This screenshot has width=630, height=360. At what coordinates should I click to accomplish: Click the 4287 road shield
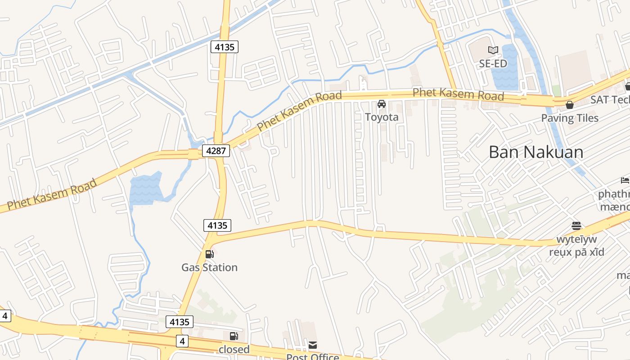tap(216, 150)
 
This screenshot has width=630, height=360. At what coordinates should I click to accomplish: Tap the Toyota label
tap(382, 117)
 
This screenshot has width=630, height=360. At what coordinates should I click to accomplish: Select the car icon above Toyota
tap(382, 104)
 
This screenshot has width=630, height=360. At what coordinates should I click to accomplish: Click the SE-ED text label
tap(493, 63)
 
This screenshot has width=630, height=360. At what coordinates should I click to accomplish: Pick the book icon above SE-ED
tap(493, 50)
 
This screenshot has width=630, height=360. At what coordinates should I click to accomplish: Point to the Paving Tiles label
tap(570, 118)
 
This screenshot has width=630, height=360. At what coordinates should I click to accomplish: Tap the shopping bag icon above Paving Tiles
tap(570, 105)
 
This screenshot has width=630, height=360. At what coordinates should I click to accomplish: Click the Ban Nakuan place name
tap(536, 152)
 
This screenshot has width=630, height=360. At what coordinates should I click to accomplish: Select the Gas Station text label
tap(209, 267)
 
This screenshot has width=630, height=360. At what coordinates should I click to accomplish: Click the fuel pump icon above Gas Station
tap(209, 254)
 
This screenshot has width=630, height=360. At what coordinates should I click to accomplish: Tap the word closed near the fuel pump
tap(234, 349)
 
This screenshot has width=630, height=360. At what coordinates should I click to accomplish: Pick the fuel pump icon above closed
tap(234, 336)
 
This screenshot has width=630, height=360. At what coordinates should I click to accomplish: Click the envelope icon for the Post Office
tap(313, 345)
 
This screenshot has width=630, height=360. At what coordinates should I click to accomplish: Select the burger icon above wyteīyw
tap(576, 225)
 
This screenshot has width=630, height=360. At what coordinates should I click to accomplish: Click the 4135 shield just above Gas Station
tap(217, 225)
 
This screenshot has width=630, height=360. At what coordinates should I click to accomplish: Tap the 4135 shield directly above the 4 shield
tap(180, 322)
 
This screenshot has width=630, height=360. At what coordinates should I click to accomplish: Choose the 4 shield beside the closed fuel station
tap(182, 341)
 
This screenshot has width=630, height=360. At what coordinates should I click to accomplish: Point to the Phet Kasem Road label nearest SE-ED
tap(458, 94)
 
